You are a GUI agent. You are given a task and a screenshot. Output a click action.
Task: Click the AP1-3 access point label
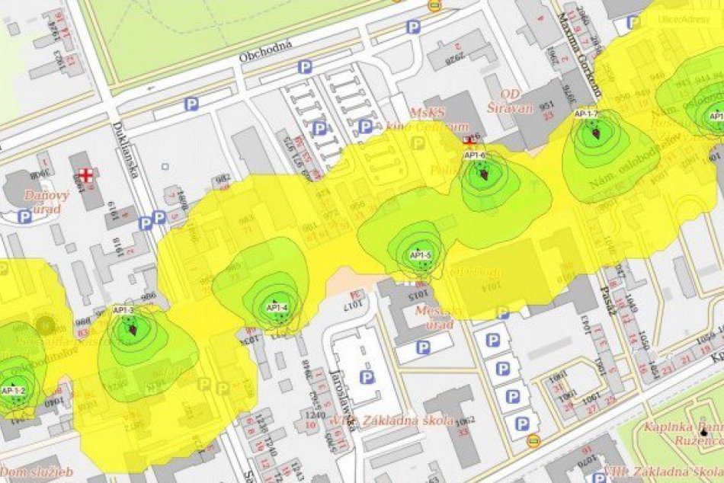(123, 310)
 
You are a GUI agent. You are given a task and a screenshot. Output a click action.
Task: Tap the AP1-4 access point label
(277, 307)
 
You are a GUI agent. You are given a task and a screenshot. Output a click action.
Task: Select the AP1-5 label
(421, 255)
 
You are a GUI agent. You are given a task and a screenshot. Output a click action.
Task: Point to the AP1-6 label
(475, 155)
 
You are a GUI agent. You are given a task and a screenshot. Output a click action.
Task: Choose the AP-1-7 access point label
(586, 114)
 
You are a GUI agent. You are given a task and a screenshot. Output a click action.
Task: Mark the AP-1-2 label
(14, 391)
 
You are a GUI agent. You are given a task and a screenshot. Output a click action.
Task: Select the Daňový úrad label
(47, 201)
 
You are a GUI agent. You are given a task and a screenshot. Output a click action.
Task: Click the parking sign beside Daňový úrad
(24, 216)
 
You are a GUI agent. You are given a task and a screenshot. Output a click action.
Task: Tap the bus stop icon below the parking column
(533, 440)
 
